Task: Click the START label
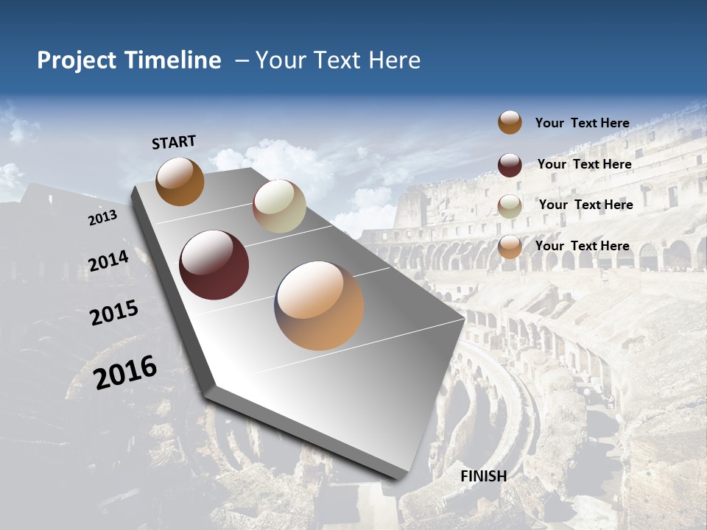pyautogui.click(x=174, y=142)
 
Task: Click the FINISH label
pyautogui.click(x=484, y=476)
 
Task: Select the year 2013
pyautogui.click(x=102, y=218)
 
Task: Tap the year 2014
pyautogui.click(x=108, y=261)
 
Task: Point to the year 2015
pyautogui.click(x=114, y=313)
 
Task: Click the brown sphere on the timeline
pyautogui.click(x=180, y=181)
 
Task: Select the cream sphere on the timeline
pyautogui.click(x=279, y=206)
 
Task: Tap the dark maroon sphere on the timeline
pyautogui.click(x=214, y=265)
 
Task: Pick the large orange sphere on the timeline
pyautogui.click(x=319, y=305)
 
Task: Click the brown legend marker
pyautogui.click(x=510, y=122)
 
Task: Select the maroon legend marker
pyautogui.click(x=510, y=165)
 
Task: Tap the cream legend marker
pyautogui.click(x=510, y=206)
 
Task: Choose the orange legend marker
pyautogui.click(x=510, y=247)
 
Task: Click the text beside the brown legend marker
pyautogui.click(x=582, y=123)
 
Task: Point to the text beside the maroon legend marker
pyautogui.click(x=584, y=164)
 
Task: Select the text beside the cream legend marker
pyautogui.click(x=585, y=205)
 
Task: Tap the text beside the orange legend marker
pyautogui.click(x=582, y=246)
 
